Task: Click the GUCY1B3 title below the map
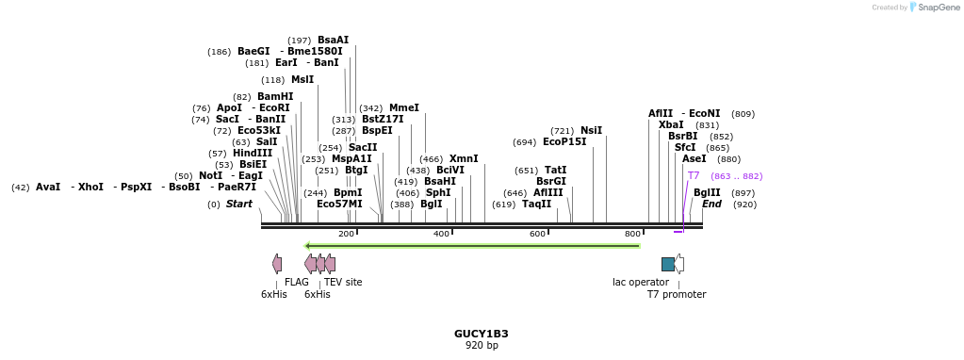481,334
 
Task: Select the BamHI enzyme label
275,96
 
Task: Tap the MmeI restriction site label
403,108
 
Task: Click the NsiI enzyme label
591,130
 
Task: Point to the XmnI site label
463,158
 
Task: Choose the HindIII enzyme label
253,153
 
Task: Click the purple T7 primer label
694,175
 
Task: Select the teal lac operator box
668,264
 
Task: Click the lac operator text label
641,282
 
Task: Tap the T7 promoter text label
676,294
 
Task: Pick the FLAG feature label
297,282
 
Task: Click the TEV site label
343,282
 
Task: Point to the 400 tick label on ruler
442,234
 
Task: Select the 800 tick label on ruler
633,234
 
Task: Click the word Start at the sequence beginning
239,204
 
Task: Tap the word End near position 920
711,204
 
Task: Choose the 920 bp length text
481,345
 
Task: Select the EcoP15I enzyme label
564,142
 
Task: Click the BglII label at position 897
707,192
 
